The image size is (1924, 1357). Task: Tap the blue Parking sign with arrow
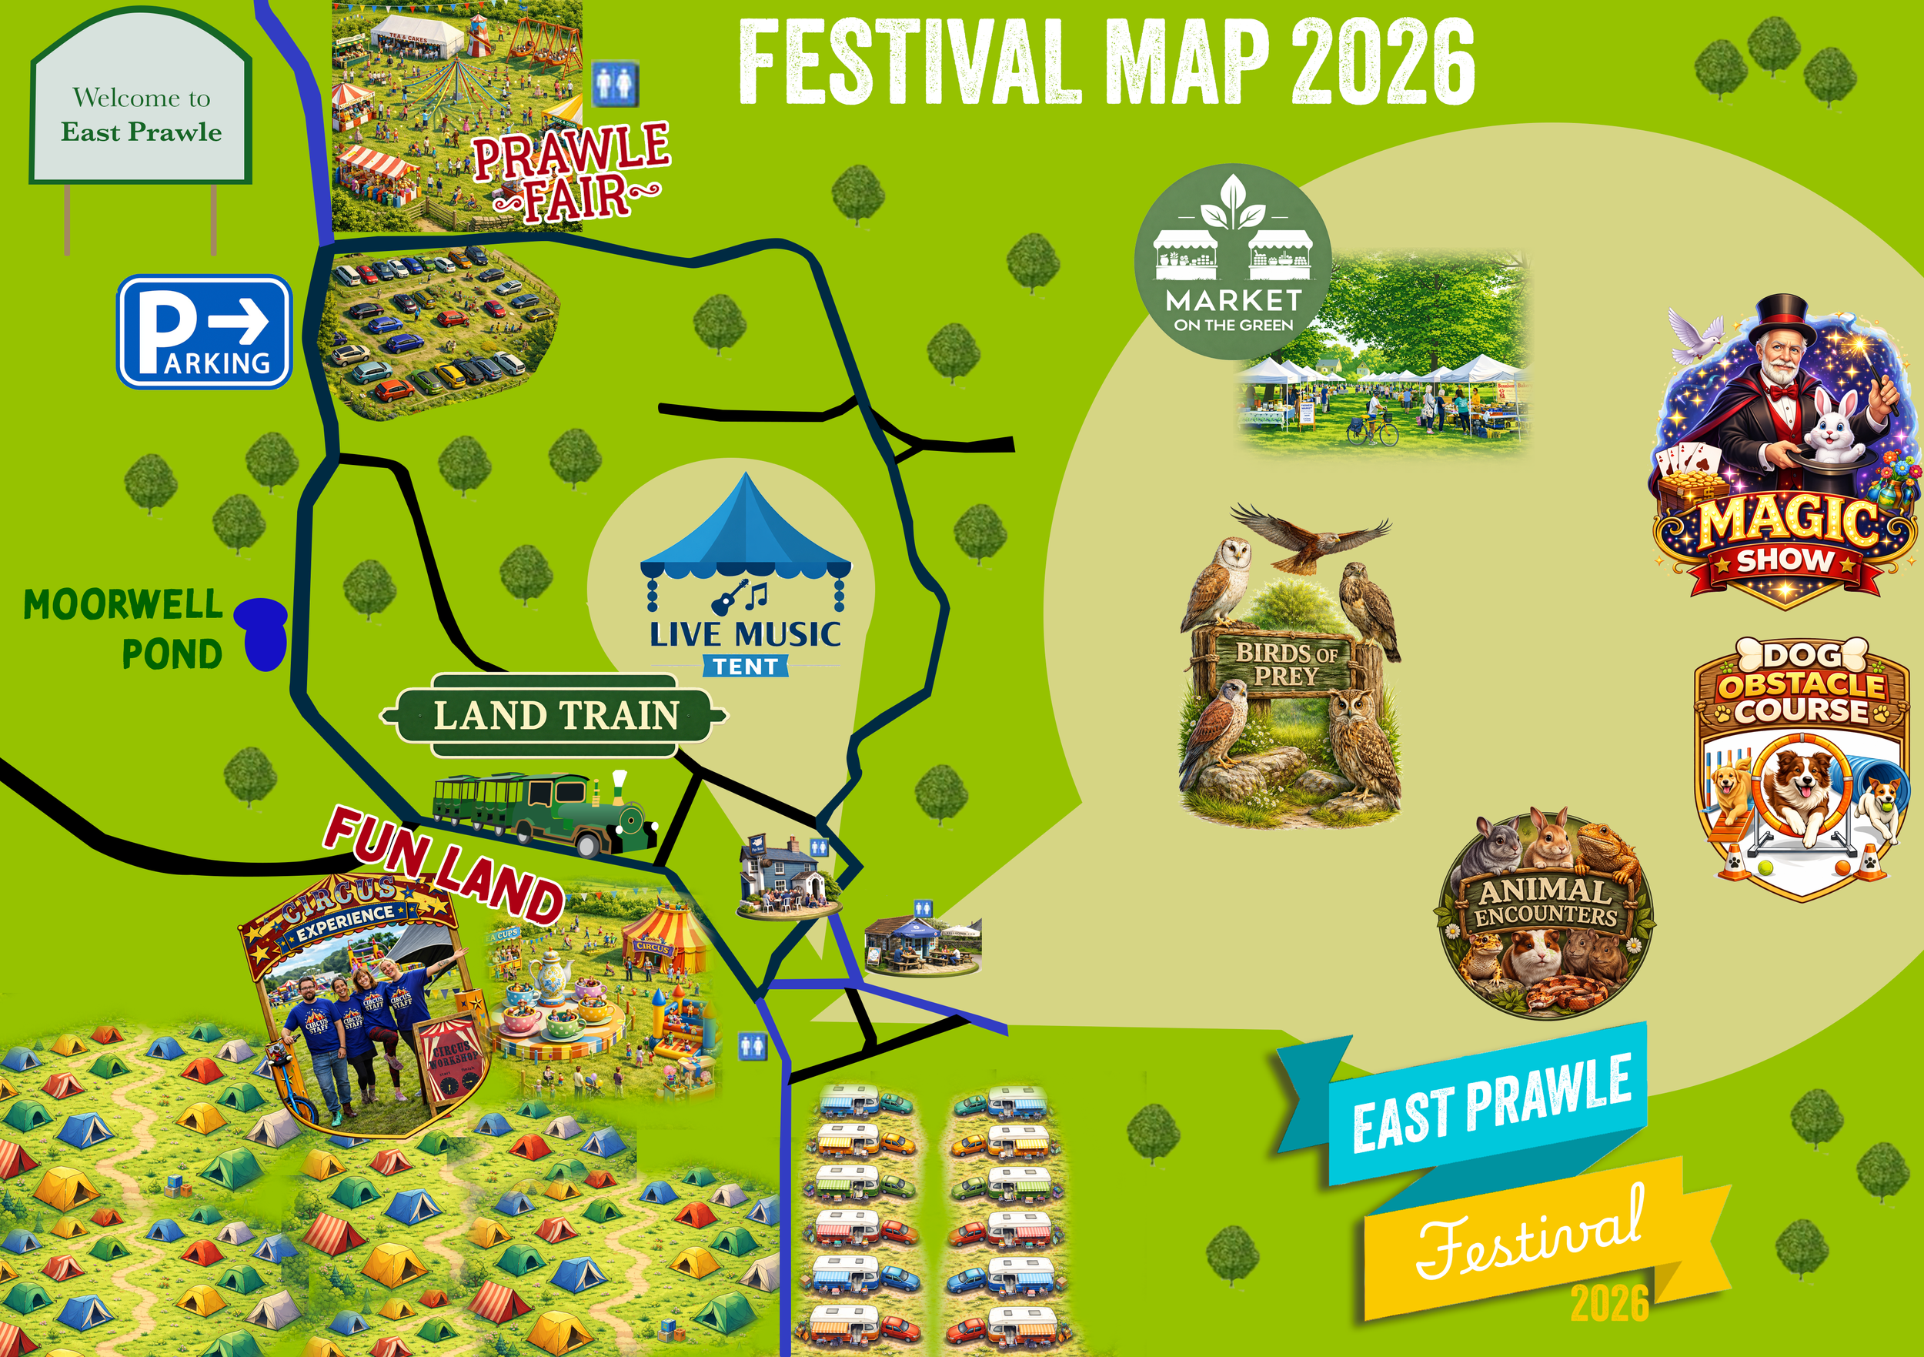(205, 332)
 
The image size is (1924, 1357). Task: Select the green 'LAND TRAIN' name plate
(555, 715)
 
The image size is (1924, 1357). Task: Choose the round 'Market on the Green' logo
(1232, 262)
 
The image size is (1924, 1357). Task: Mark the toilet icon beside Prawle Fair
(616, 84)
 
